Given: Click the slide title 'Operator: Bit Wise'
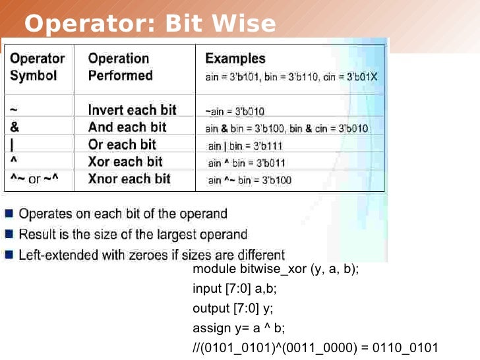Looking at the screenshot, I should (150, 24).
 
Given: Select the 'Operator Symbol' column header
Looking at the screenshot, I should (37, 67).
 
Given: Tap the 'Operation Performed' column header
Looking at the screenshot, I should (121, 67).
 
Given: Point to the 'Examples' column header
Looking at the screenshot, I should (235, 59).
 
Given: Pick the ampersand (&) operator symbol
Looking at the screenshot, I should (15, 127).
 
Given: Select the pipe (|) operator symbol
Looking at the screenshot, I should (12, 144).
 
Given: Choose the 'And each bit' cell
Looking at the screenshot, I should (127, 127).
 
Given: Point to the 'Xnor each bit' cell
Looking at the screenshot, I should (129, 179).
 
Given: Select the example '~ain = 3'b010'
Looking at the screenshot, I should (235, 111).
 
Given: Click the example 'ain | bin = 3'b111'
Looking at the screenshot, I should (247, 146).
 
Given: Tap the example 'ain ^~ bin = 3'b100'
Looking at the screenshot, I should (249, 180).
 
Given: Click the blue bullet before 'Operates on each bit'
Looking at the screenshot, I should (10, 213).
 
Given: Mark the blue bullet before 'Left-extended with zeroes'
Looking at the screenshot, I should (10, 254).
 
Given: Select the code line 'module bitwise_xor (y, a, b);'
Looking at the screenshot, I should (276, 270).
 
